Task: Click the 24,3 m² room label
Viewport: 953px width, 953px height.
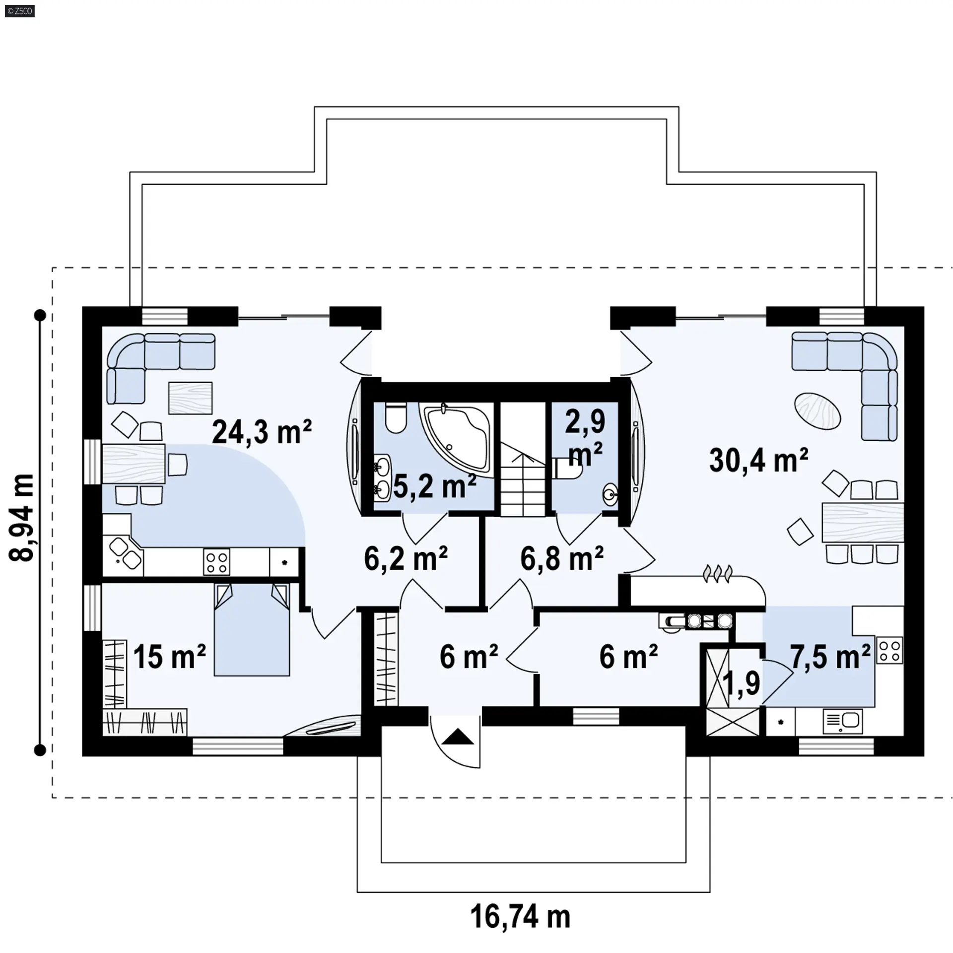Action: [x=262, y=432]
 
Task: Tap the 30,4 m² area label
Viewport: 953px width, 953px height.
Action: [x=759, y=460]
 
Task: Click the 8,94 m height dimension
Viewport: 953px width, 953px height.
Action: [x=22, y=517]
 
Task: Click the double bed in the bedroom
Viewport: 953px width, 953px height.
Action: [x=252, y=629]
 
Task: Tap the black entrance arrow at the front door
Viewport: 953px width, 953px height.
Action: [x=458, y=737]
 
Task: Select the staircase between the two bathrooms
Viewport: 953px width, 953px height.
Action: [x=523, y=459]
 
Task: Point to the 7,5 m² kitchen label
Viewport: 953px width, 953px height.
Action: [x=830, y=657]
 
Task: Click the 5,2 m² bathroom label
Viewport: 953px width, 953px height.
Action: [x=435, y=486]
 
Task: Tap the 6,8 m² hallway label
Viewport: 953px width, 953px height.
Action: [x=562, y=558]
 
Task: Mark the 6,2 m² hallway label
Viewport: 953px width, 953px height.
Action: [x=406, y=558]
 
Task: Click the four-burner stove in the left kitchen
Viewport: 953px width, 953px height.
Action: [x=217, y=562]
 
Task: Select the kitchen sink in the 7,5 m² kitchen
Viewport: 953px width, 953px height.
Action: [x=842, y=721]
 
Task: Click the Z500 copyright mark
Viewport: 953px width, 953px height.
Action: [x=20, y=11]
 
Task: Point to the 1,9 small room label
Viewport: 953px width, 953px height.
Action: [x=742, y=683]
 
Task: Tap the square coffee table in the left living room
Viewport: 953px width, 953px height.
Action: [x=190, y=398]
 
